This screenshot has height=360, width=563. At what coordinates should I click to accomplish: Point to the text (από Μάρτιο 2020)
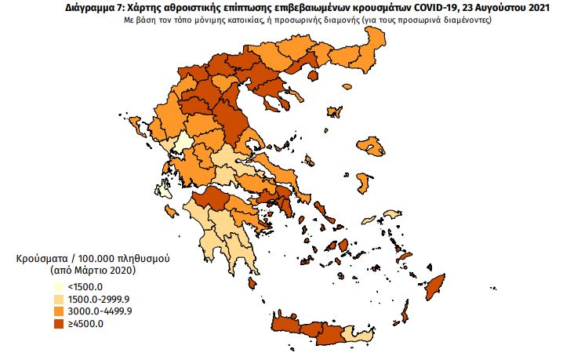[x=93, y=270]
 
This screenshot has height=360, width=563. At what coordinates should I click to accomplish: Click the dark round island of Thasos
[x=316, y=75]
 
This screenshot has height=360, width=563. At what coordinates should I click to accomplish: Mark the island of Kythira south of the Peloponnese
[x=251, y=283]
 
